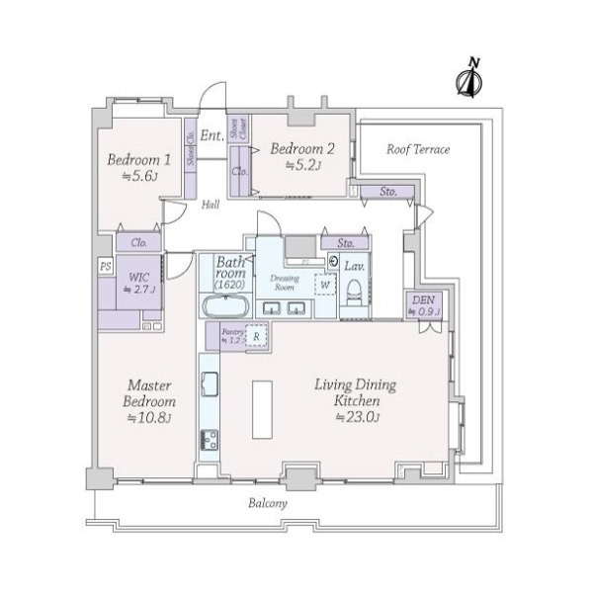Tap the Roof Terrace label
[x=417, y=149]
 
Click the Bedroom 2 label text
[x=302, y=149]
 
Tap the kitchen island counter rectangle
[x=263, y=407]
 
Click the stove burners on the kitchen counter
[x=209, y=439]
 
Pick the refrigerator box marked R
[x=256, y=336]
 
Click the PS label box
[x=105, y=266]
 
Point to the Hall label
[x=211, y=206]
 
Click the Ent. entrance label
[x=211, y=135]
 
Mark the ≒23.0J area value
[x=353, y=416]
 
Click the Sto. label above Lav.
[x=345, y=242]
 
